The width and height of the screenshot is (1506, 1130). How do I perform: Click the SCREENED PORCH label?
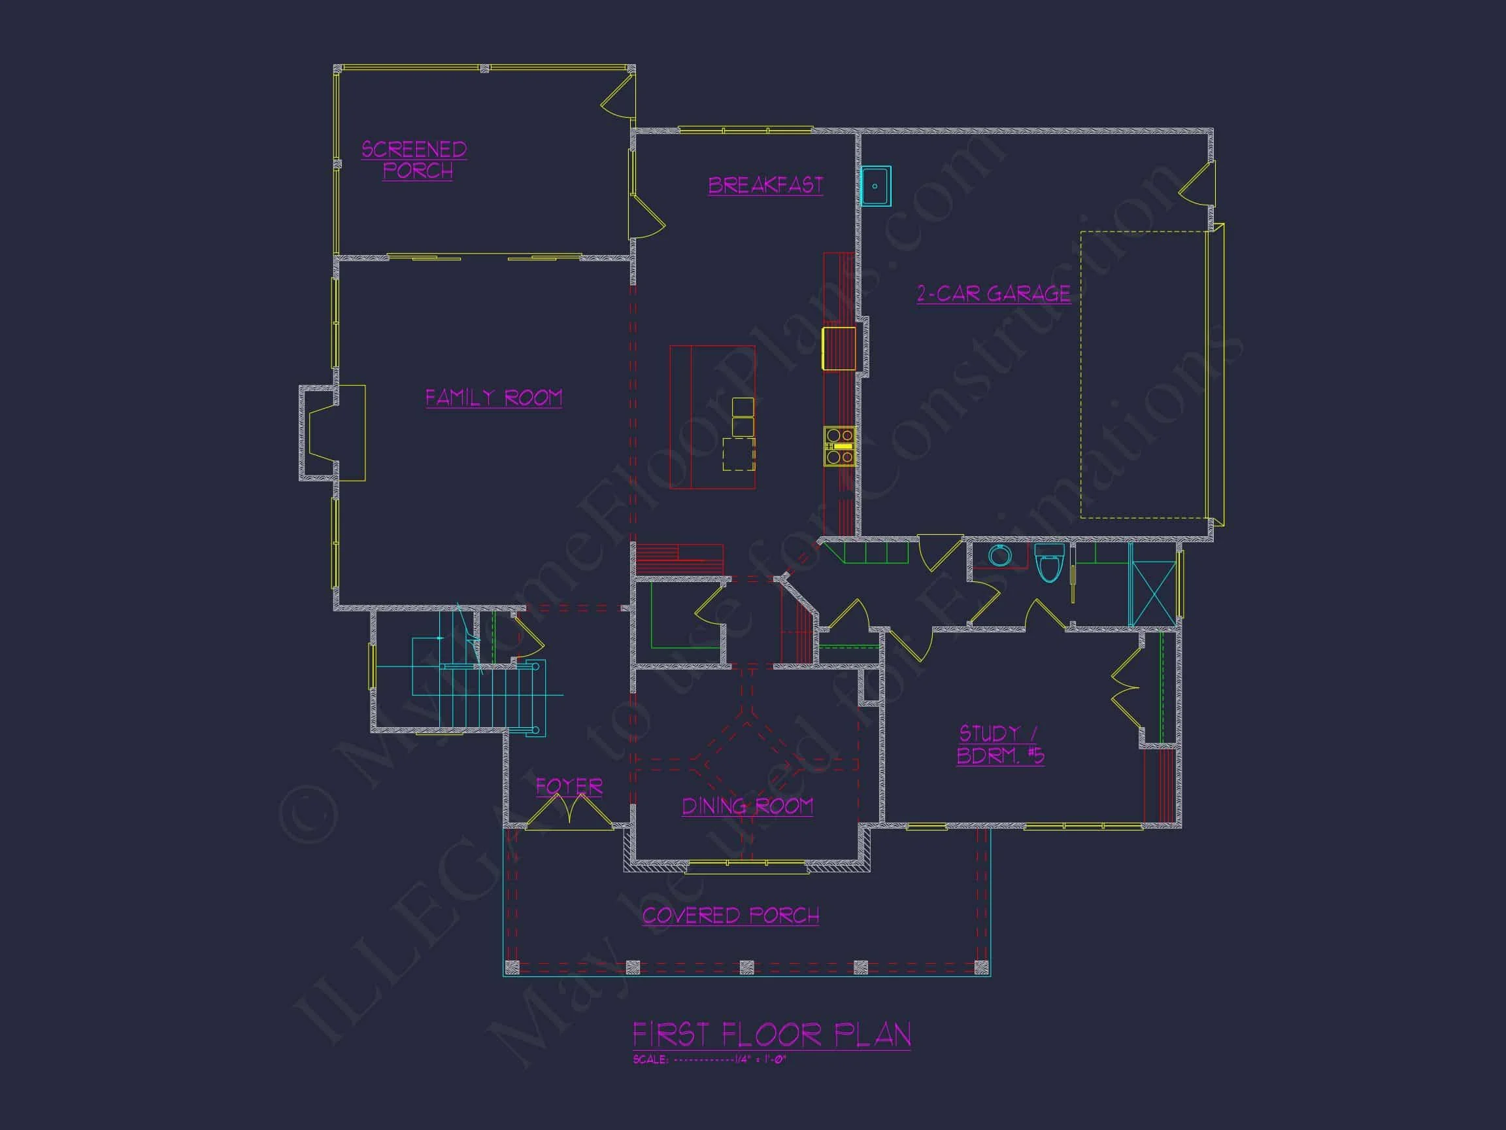click(x=414, y=160)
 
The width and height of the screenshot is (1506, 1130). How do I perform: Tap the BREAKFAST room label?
click(x=765, y=185)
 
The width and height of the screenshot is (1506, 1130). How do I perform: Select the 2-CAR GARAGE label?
click(x=994, y=294)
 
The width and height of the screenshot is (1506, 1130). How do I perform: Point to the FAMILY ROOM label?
click(x=494, y=398)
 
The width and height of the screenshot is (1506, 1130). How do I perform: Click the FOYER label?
click(x=569, y=787)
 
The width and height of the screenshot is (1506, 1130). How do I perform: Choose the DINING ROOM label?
click(x=747, y=806)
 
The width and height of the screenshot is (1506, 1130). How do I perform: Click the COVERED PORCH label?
click(x=731, y=916)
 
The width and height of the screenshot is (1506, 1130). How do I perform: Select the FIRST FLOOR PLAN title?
click(x=771, y=1035)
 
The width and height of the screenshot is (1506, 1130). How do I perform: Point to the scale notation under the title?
click(x=709, y=1060)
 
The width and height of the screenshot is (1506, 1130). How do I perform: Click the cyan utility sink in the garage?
click(x=875, y=186)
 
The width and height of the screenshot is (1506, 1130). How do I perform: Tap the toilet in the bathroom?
click(x=1049, y=562)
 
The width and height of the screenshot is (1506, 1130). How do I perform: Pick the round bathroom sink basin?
click(x=999, y=556)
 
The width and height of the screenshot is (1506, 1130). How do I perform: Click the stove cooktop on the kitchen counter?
click(x=839, y=446)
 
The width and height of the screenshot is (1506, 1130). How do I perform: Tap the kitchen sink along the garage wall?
click(x=839, y=348)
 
